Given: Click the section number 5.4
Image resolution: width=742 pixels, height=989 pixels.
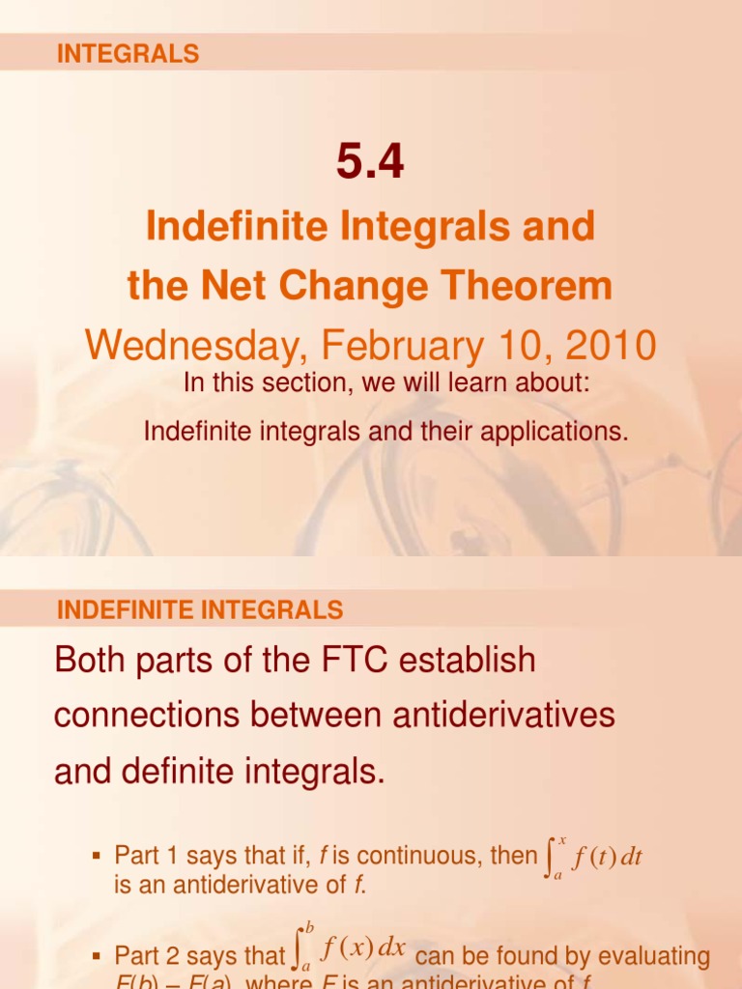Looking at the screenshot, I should click(370, 161).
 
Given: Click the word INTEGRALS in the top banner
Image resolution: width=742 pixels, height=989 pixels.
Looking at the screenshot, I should click(128, 54).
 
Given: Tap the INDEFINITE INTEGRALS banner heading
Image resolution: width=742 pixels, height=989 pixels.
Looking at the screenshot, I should click(200, 609).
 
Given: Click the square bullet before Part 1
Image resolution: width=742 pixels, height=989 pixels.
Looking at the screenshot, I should click(96, 857).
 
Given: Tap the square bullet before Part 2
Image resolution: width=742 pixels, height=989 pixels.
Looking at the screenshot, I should click(96, 957).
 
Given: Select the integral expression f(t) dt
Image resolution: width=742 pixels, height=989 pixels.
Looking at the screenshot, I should click(594, 858).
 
